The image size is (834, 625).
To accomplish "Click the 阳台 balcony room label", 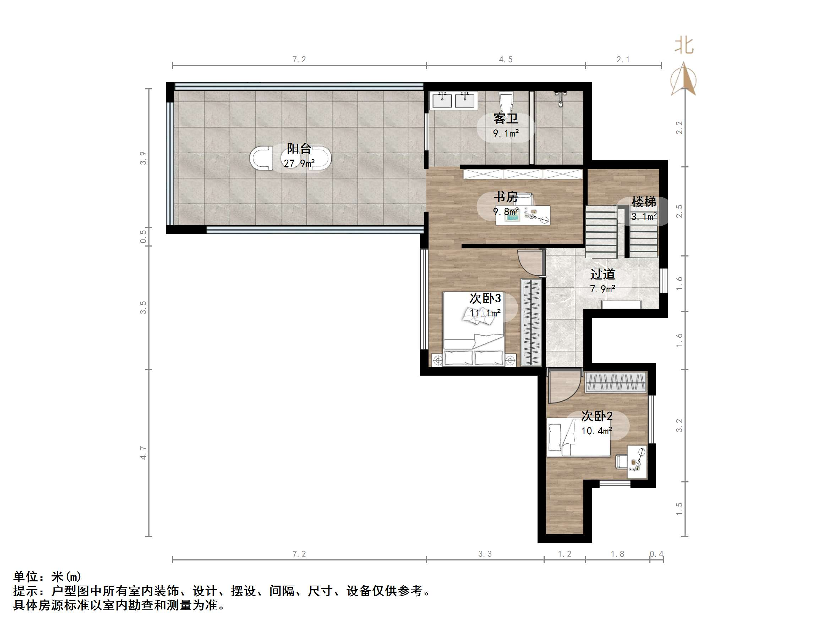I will click(x=299, y=149).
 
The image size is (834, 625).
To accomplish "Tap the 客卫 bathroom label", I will click(x=506, y=119).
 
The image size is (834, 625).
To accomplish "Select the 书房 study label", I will click(x=506, y=197).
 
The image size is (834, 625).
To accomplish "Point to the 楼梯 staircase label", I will click(x=644, y=202).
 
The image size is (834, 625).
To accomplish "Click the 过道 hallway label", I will click(x=603, y=274).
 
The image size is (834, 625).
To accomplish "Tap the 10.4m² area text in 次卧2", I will click(x=596, y=431).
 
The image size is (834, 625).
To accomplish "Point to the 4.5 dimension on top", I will click(x=506, y=60).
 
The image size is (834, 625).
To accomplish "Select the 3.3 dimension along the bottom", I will click(x=485, y=554).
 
